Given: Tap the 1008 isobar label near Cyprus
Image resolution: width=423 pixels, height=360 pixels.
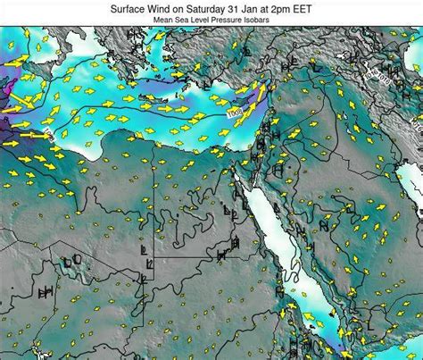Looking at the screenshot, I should coord(235,113).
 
